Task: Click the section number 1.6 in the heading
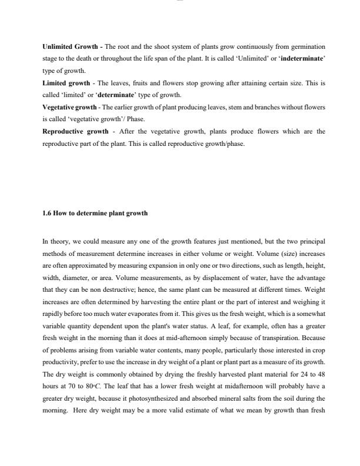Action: coord(47,213)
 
